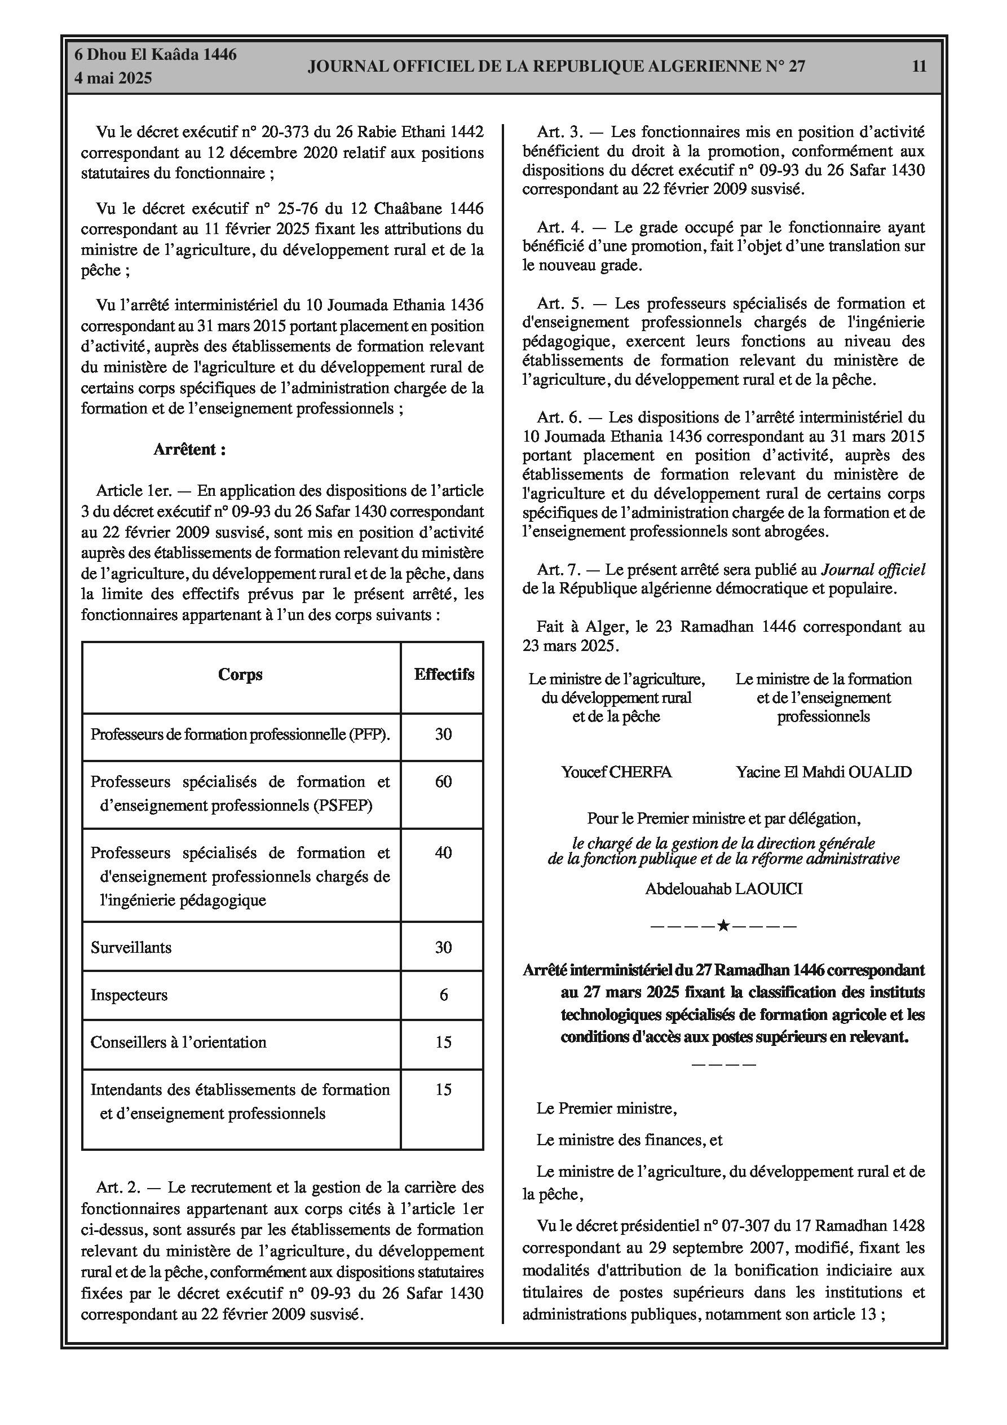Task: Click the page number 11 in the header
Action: click(x=919, y=67)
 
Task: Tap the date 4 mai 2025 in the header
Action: click(x=113, y=79)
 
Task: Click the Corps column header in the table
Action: click(x=240, y=675)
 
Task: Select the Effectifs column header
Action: click(x=444, y=675)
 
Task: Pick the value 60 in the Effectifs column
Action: click(x=443, y=781)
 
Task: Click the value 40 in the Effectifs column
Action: click(x=443, y=852)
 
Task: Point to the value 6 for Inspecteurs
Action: click(x=443, y=995)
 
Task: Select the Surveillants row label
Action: click(x=131, y=947)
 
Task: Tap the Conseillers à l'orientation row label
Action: click(x=178, y=1042)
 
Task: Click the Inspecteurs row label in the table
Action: click(x=129, y=995)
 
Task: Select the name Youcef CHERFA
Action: click(x=616, y=772)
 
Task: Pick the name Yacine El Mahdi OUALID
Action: click(x=823, y=772)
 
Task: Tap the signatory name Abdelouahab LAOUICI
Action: click(x=723, y=889)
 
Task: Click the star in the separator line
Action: click(x=723, y=927)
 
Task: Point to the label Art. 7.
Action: click(x=558, y=570)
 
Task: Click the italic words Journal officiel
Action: click(x=873, y=570)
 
